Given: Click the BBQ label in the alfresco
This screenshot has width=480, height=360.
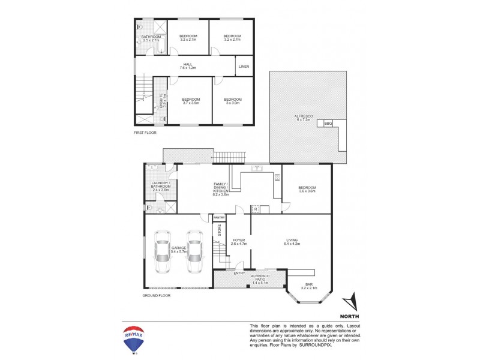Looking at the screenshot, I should point(328,123).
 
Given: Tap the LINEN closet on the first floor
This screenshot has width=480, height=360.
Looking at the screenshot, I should point(244,66).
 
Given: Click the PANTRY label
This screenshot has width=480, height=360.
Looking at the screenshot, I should point(218,218).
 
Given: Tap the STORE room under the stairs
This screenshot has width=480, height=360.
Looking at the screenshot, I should point(219,230).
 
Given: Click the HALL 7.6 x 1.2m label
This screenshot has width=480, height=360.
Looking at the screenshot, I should point(188,67).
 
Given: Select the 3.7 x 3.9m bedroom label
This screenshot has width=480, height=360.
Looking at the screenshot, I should point(191,101).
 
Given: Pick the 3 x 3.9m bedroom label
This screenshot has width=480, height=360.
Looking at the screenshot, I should point(232,101).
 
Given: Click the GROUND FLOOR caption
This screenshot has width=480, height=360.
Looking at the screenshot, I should point(157,296).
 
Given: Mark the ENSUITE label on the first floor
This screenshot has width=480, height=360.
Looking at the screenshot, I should point(160,97).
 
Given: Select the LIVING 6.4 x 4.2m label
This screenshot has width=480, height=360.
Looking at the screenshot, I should point(291,242).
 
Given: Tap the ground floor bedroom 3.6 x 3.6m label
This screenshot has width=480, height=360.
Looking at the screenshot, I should point(307,190).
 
